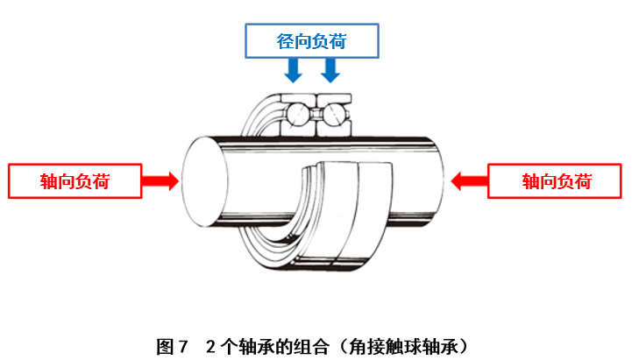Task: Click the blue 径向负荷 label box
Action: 312,39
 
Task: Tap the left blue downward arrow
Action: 295,68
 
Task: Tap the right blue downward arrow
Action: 330,68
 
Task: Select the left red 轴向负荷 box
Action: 75,181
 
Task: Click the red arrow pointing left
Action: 469,181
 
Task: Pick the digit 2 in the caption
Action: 210,344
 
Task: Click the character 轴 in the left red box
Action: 49,181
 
